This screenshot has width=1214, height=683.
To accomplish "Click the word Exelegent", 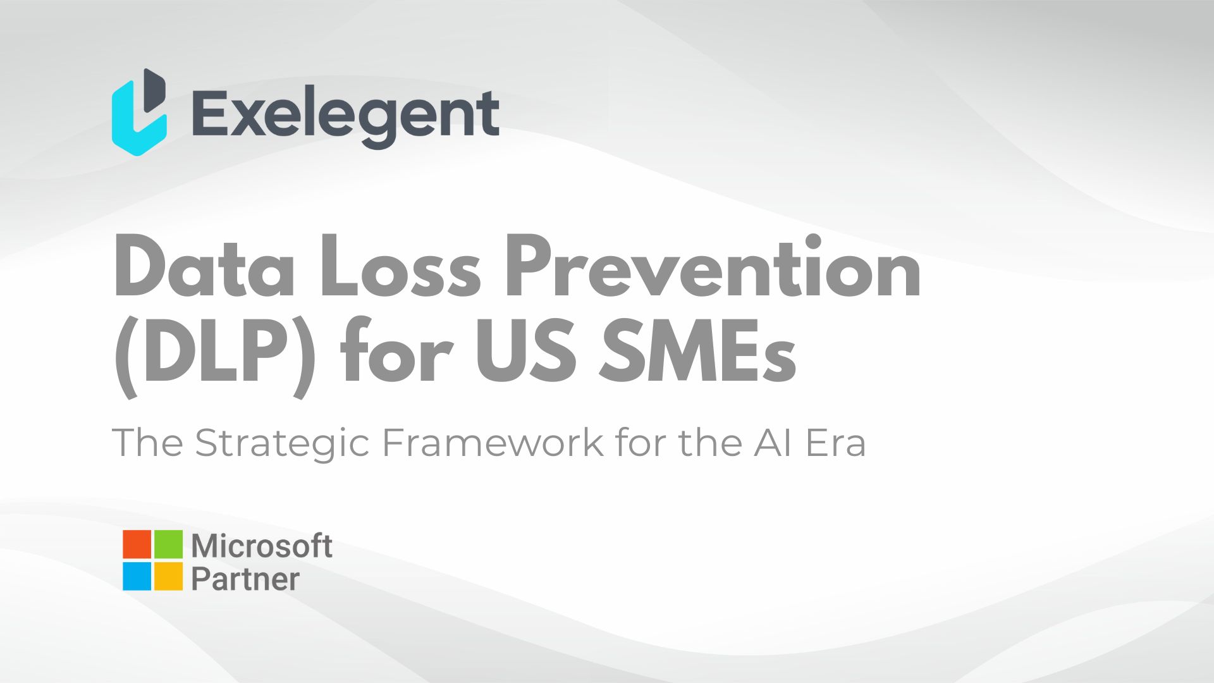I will [345, 115].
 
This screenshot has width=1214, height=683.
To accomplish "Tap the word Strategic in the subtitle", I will [282, 443].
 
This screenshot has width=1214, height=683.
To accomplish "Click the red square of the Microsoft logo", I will [137, 544].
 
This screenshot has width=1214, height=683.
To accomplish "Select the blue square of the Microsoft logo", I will [137, 576].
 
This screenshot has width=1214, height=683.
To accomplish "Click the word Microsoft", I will [262, 546].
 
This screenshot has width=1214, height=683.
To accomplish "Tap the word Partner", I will [245, 579].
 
